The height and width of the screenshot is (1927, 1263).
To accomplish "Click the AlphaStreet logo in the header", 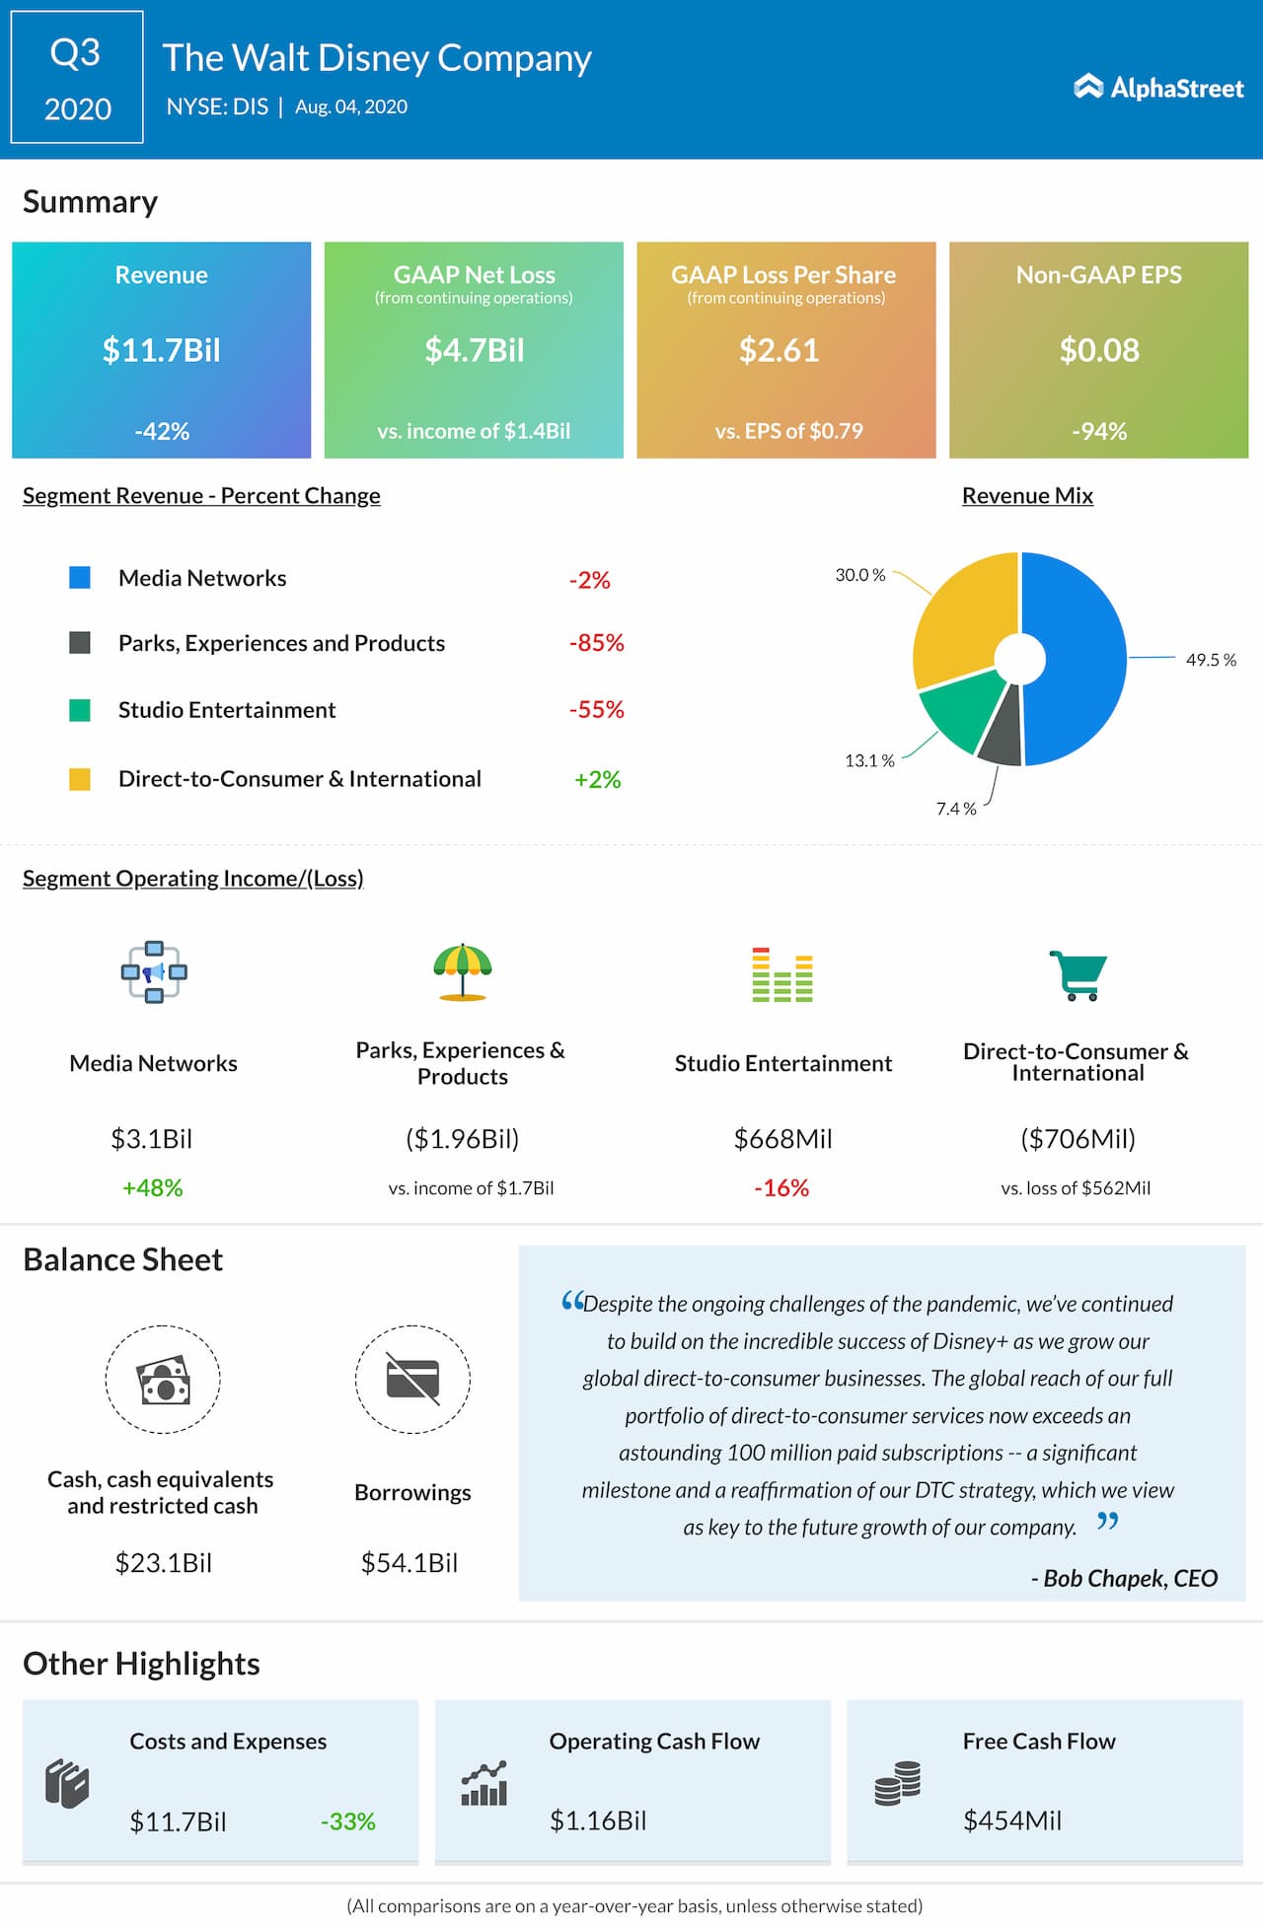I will (1158, 88).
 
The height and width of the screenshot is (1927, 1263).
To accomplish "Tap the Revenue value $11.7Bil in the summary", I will (162, 350).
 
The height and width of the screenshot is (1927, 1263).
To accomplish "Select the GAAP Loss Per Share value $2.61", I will (779, 350).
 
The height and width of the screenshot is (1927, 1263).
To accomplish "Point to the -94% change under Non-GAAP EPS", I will (1099, 431).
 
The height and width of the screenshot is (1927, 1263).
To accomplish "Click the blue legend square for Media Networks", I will (80, 578).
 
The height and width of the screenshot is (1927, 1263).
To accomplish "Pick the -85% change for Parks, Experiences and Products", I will (596, 643).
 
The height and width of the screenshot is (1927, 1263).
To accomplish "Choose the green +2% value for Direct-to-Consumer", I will (597, 779).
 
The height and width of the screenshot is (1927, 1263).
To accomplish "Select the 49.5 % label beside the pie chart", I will (1211, 660).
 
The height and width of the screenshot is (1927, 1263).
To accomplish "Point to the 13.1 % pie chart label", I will (869, 760).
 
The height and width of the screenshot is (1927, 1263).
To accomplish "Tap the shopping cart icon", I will (1077, 974).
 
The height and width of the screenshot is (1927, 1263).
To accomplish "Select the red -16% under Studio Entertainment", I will (781, 1187).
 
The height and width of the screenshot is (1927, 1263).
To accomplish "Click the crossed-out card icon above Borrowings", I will (412, 1379).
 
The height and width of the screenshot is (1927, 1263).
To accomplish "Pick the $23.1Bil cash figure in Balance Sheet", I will (164, 1563).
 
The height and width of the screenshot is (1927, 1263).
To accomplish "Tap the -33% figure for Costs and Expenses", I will (348, 1821).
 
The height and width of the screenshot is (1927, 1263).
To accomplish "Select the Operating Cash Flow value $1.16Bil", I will (598, 1820).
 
